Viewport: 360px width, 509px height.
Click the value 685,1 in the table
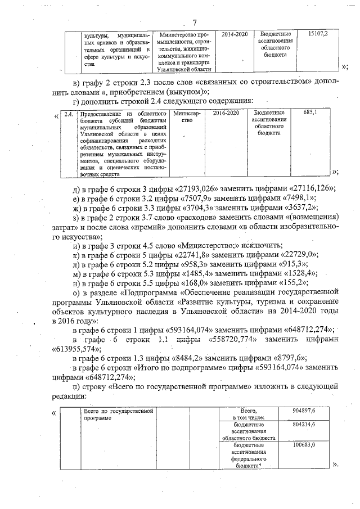[310, 112]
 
